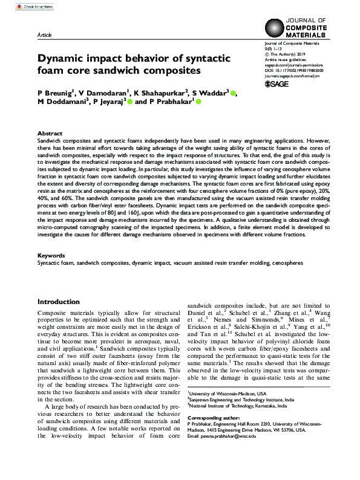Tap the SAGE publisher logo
click(278, 83)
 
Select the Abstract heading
click(50, 133)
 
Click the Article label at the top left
click(44, 36)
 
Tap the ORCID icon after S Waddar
click(234, 93)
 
